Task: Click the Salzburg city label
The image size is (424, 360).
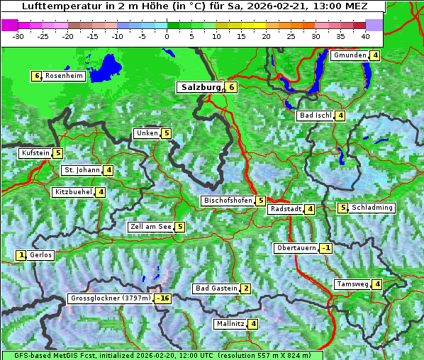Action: point(201,87)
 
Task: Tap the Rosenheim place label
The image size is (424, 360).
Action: point(64,76)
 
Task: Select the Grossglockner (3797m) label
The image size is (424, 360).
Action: point(111,298)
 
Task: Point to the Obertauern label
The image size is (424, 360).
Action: point(296,248)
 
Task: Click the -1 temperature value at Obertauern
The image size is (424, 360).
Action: point(325,248)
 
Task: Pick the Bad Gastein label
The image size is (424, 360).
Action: point(216,288)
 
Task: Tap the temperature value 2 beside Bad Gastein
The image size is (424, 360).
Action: point(245,288)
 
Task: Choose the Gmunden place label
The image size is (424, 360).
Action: point(350,55)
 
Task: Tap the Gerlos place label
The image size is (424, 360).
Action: point(41,255)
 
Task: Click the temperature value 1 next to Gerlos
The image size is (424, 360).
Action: point(21,255)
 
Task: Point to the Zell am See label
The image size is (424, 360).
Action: point(151,227)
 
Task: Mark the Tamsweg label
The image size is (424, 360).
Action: point(352,284)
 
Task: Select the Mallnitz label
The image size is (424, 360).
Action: point(230,324)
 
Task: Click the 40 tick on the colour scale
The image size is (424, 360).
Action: point(365,35)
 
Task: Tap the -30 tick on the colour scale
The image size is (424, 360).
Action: point(18,35)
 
